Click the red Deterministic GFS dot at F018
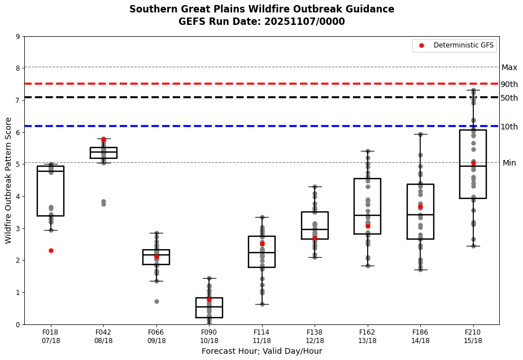[x=51, y=250]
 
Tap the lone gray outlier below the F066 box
[x=156, y=301]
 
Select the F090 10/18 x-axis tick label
[x=209, y=336]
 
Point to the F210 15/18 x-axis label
[x=473, y=336]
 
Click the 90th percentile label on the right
[x=509, y=84]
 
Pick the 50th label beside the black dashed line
[x=509, y=98]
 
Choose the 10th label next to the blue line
[x=509, y=127]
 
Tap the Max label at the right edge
[x=509, y=67]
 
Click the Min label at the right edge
[x=509, y=163]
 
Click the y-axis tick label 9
[x=18, y=37]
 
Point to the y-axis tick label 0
[x=18, y=324]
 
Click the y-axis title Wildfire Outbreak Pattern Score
[x=8, y=180]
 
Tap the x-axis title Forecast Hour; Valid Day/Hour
[x=261, y=351]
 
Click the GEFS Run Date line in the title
[x=261, y=21]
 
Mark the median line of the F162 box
[x=367, y=215]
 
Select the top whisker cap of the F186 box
[x=420, y=134]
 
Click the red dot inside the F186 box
[x=420, y=207]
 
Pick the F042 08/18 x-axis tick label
[x=103, y=336]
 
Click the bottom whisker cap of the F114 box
[x=262, y=304]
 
